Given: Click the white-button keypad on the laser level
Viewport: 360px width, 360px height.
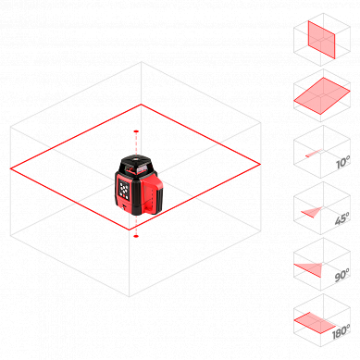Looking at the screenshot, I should (125, 191).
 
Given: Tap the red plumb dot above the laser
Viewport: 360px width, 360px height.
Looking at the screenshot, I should (136, 132).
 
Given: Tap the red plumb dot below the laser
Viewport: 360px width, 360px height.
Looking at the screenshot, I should (136, 235).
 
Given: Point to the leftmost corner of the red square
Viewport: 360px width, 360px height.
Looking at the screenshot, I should (11, 168).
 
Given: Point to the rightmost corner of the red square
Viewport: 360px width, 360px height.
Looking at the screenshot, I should (259, 165).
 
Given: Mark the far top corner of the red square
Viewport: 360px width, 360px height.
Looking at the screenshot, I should (142, 104).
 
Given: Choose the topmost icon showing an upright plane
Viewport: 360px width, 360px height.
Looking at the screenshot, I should (321, 39).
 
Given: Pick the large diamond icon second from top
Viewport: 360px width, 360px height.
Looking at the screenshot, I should (321, 95).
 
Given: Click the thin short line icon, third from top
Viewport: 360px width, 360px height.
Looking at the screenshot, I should (315, 152).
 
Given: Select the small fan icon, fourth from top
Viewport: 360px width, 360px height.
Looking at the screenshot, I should (314, 212).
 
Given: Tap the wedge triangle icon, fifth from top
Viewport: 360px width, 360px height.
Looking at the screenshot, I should (310, 269).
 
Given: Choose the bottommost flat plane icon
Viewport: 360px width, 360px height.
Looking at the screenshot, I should (315, 322).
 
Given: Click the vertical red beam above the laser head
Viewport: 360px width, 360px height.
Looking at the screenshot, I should (136, 143).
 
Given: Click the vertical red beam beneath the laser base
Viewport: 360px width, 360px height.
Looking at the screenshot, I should (136, 227).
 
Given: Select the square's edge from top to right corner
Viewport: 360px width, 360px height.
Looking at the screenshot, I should (200, 134).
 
